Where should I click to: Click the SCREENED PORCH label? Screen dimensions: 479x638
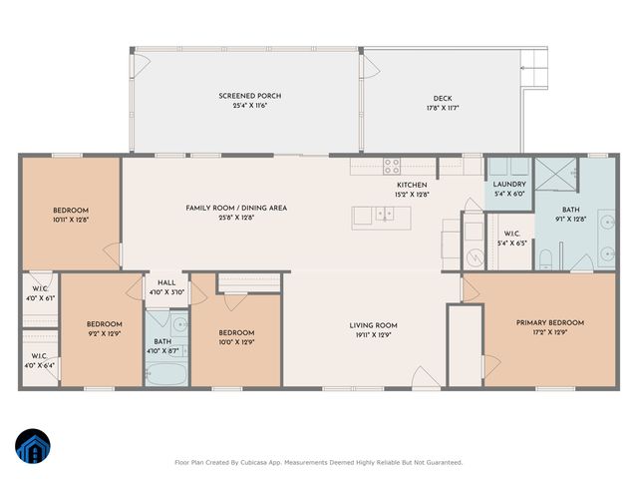coord(244,96)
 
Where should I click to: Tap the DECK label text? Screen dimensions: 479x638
coord(443,98)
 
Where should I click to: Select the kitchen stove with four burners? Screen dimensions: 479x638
coord(392,167)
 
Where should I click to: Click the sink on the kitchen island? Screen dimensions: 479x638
coord(386,214)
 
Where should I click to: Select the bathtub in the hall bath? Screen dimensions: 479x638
coord(164,373)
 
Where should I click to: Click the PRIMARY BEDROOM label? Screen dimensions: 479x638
coord(549,322)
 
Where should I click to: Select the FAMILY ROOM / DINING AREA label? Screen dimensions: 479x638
coord(236,208)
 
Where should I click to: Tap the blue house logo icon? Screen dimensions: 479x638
coord(32,447)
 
